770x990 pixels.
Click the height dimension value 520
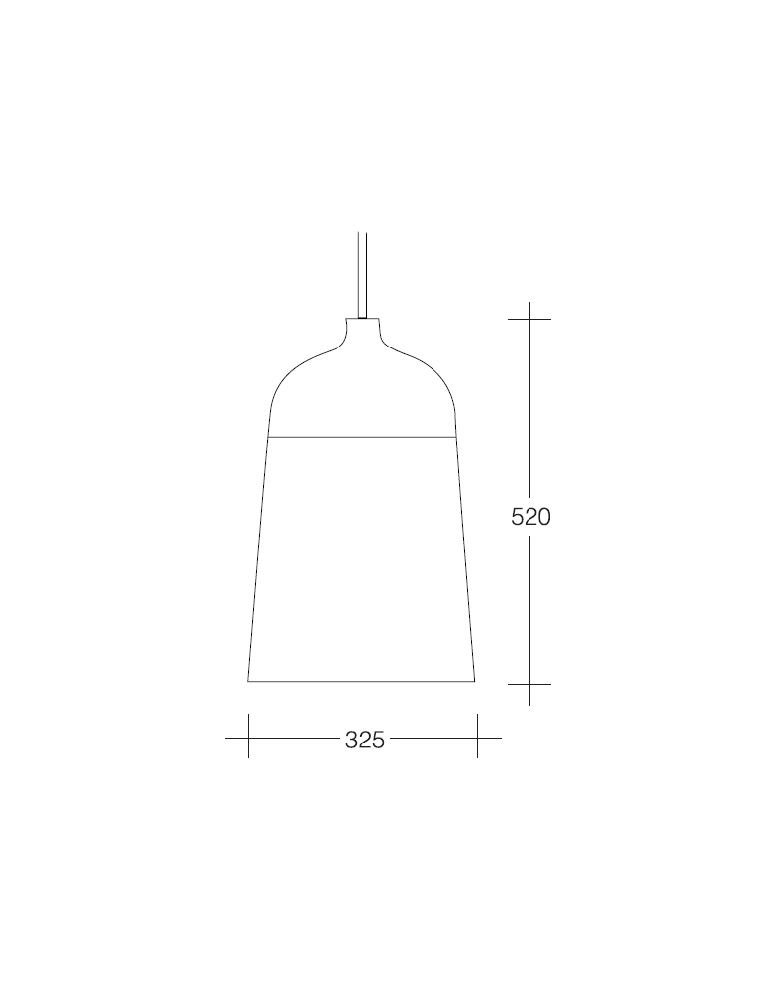(x=530, y=517)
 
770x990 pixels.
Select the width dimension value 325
(x=364, y=740)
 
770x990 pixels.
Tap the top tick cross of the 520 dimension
(x=529, y=319)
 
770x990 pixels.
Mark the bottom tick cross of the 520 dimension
(x=529, y=684)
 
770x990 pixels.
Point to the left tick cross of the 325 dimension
(x=248, y=738)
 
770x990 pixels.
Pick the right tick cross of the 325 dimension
(x=477, y=738)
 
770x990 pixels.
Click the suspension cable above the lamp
(x=362, y=272)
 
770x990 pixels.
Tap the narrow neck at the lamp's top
(x=362, y=329)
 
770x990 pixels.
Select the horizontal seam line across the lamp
(x=362, y=436)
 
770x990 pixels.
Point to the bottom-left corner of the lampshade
(x=248, y=681)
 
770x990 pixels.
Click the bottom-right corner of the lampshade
(x=475, y=681)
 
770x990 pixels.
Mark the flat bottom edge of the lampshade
(x=362, y=681)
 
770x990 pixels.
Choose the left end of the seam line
(x=269, y=436)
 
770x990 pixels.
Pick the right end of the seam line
(x=455, y=436)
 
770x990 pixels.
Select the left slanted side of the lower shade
(x=258, y=559)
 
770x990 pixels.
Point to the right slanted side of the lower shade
(x=465, y=559)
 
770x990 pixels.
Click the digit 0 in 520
(x=543, y=517)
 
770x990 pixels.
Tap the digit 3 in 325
(x=351, y=740)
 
